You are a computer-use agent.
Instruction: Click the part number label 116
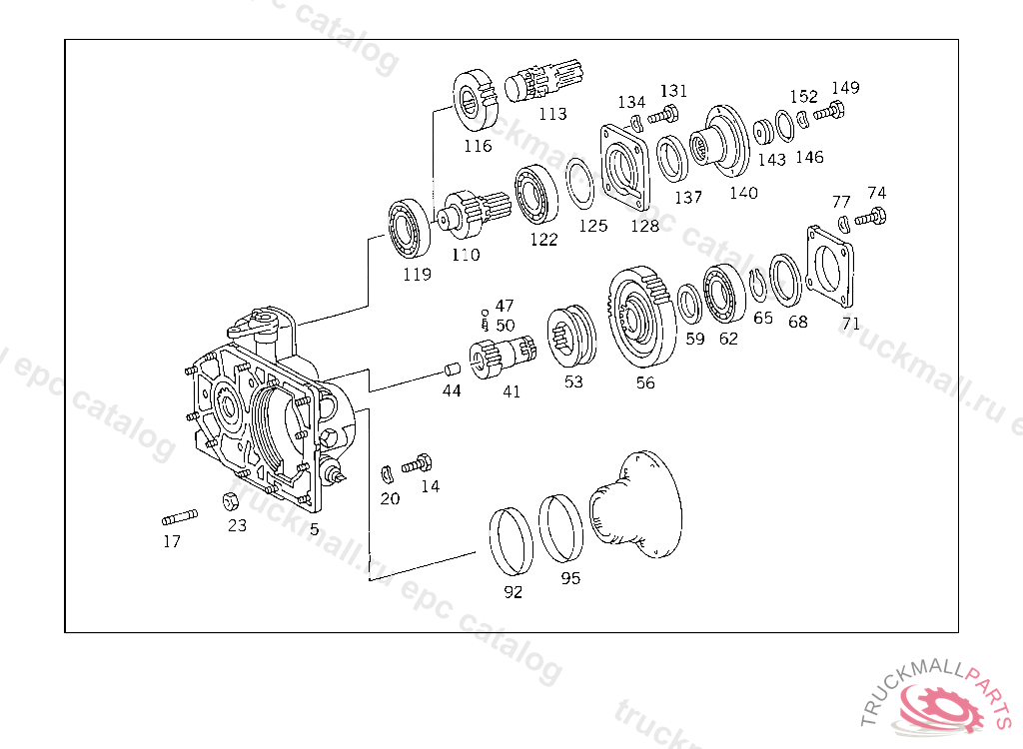point(478,146)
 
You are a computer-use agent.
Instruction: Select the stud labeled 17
point(179,517)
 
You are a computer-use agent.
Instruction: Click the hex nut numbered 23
point(227,500)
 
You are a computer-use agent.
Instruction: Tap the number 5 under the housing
point(314,529)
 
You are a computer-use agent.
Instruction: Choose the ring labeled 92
point(511,541)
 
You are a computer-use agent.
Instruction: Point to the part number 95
point(570,578)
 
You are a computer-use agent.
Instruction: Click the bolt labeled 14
point(418,464)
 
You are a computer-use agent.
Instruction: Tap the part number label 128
point(644,226)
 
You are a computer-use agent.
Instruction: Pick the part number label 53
point(572,382)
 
